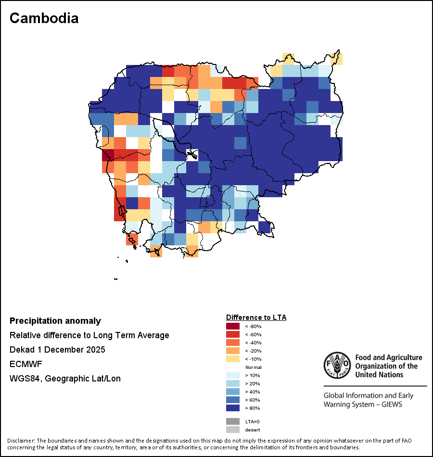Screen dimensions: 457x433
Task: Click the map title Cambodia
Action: point(44,18)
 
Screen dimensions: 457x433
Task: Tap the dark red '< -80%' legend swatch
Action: point(232,326)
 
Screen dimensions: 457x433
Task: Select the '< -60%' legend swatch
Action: point(232,334)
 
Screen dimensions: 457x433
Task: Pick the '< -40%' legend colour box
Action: point(232,343)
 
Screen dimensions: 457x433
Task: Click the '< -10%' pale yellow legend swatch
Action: point(232,359)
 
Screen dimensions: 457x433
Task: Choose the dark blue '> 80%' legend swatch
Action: point(232,408)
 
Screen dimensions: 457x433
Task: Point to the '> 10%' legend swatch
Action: point(232,375)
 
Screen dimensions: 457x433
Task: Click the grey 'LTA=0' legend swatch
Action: point(232,421)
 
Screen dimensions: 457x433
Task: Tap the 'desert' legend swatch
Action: point(232,430)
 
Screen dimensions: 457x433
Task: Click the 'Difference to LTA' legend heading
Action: point(256,317)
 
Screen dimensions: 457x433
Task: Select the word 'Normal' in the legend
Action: point(253,367)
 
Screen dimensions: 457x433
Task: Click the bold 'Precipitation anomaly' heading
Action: point(55,321)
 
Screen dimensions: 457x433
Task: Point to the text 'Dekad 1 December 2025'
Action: point(57,350)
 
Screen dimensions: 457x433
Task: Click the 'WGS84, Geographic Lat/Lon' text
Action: point(65,379)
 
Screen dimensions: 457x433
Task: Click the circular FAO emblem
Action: point(337,365)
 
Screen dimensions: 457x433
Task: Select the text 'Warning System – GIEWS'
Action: point(363,404)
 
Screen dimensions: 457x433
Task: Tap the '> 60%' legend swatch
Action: point(232,400)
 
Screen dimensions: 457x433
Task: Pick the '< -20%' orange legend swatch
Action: point(232,351)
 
